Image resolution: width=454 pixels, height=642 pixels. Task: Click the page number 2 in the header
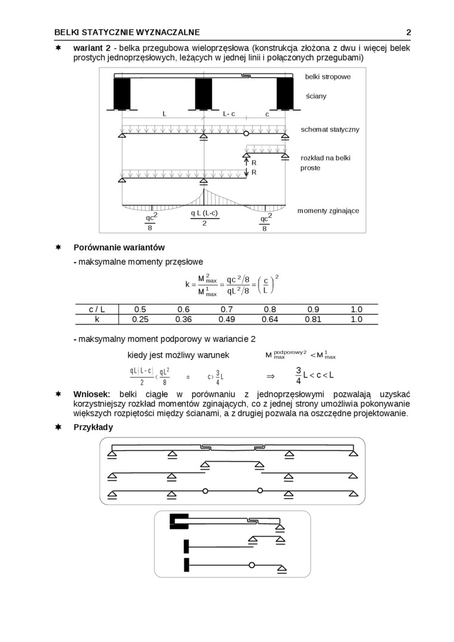(x=409, y=32)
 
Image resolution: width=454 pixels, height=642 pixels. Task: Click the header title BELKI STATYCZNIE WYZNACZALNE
(x=127, y=32)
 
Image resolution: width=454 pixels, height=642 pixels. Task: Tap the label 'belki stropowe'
(x=327, y=77)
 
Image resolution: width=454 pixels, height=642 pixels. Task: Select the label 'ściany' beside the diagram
(x=316, y=96)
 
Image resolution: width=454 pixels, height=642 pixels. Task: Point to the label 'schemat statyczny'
(x=330, y=129)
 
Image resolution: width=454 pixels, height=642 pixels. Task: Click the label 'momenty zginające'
(x=328, y=211)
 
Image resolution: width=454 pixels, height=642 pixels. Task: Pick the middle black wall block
(x=204, y=93)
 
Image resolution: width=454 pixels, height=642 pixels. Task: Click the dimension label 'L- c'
(x=229, y=113)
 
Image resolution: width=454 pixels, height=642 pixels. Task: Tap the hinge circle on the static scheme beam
(x=246, y=134)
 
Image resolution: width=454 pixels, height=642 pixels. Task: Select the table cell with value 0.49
(x=227, y=320)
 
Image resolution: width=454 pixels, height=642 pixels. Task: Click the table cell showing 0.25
(x=140, y=320)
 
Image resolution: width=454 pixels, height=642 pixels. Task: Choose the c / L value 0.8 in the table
(x=270, y=309)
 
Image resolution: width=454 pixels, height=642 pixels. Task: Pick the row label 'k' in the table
(x=97, y=320)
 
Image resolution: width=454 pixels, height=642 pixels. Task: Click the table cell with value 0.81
(x=313, y=320)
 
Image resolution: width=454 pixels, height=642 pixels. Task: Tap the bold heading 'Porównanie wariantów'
(x=119, y=247)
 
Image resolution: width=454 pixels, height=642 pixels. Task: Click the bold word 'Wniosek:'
(x=91, y=394)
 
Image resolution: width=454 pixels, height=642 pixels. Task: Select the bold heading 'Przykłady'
(x=93, y=427)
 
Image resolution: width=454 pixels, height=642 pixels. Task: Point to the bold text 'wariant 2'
(x=92, y=48)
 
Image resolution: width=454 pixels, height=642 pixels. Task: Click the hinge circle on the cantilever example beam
(x=251, y=564)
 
